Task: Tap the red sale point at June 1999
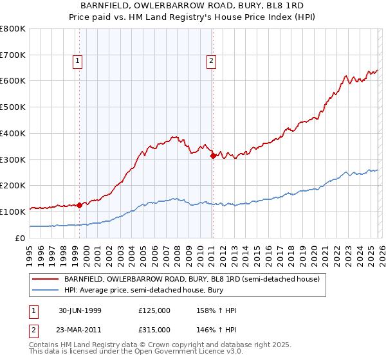pyautogui.click(x=80, y=206)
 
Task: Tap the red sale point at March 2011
pyautogui.click(x=213, y=155)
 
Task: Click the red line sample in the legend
pyautogui.click(x=45, y=280)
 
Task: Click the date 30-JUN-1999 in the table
pyautogui.click(x=80, y=310)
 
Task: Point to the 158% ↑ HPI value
pyautogui.click(x=217, y=310)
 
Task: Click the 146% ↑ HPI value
pyautogui.click(x=217, y=329)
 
